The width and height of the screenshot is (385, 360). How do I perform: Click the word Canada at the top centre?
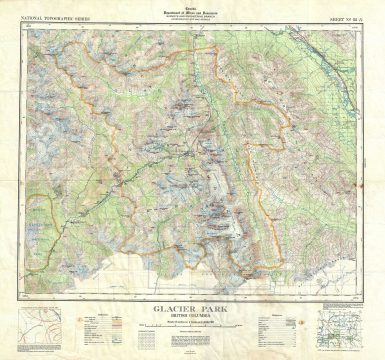[192, 5]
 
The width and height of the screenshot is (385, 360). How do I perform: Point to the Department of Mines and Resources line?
[192, 10]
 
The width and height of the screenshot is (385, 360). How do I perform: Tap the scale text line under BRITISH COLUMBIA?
[193, 313]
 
